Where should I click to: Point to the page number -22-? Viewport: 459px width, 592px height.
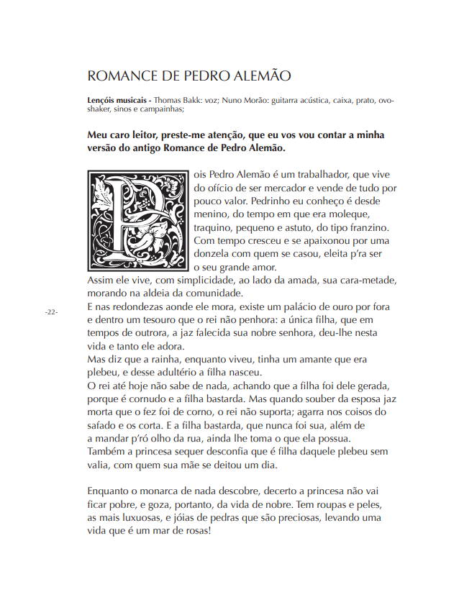(x=50, y=312)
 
